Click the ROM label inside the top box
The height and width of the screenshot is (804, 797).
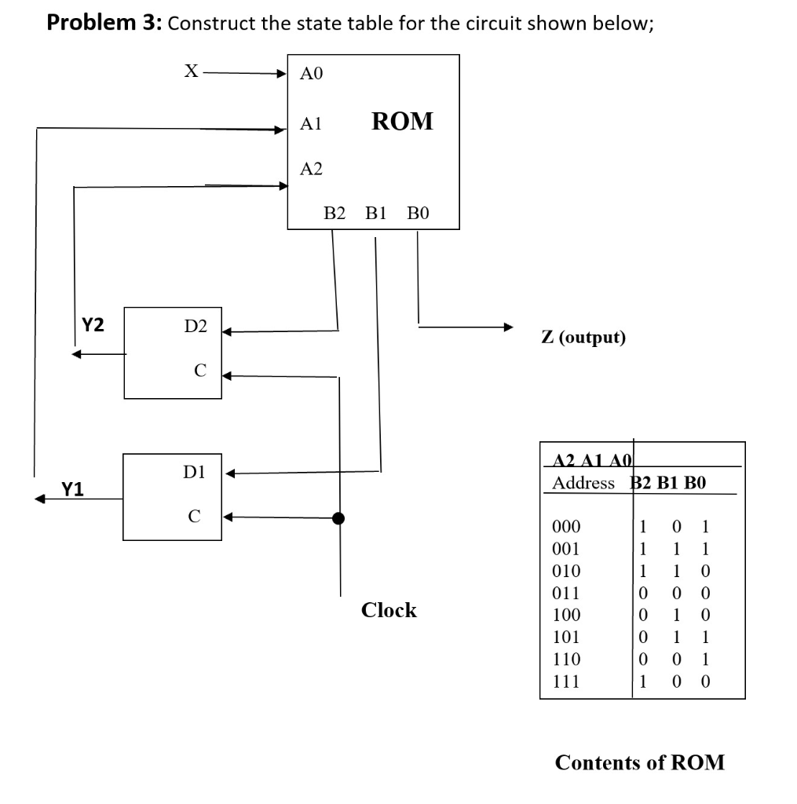[402, 122]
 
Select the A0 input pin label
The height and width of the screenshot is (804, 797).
[311, 75]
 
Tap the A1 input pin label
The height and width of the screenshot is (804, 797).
[311, 123]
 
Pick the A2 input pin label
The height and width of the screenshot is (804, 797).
[311, 169]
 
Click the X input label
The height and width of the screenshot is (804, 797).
[190, 71]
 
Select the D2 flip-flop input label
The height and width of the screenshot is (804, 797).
[196, 326]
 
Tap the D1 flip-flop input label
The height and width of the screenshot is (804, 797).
[194, 472]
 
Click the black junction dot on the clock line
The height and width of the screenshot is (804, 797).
[339, 518]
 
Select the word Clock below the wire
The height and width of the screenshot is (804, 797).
[389, 610]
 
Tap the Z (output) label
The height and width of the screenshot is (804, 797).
[583, 338]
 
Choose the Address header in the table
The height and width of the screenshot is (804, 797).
[583, 483]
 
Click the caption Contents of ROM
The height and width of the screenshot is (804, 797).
[639, 762]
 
